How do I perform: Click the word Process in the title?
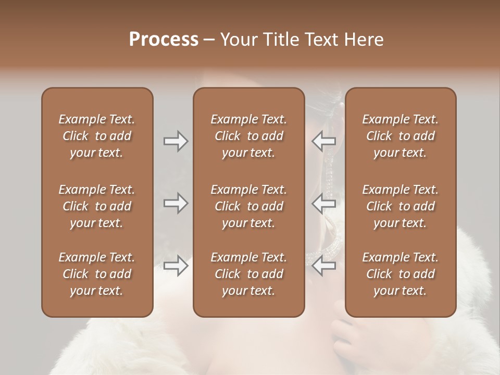click(x=164, y=40)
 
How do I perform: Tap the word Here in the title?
click(x=364, y=40)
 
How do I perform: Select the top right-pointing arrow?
click(x=176, y=141)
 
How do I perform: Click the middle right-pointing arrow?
click(x=176, y=203)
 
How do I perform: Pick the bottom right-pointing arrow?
click(x=176, y=266)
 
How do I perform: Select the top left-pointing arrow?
click(x=323, y=141)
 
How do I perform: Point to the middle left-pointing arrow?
click(x=323, y=203)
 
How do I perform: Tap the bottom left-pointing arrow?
click(x=323, y=266)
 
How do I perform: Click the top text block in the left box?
click(x=97, y=136)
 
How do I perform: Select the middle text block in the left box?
click(x=97, y=206)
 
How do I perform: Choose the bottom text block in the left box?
click(x=97, y=274)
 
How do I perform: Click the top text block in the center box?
click(x=248, y=136)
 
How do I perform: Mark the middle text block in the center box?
click(x=248, y=206)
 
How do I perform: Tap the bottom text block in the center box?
click(x=248, y=274)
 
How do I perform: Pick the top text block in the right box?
click(x=400, y=136)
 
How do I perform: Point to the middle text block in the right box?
click(x=400, y=206)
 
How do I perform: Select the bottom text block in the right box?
click(x=400, y=274)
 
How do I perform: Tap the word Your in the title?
click(x=238, y=40)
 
